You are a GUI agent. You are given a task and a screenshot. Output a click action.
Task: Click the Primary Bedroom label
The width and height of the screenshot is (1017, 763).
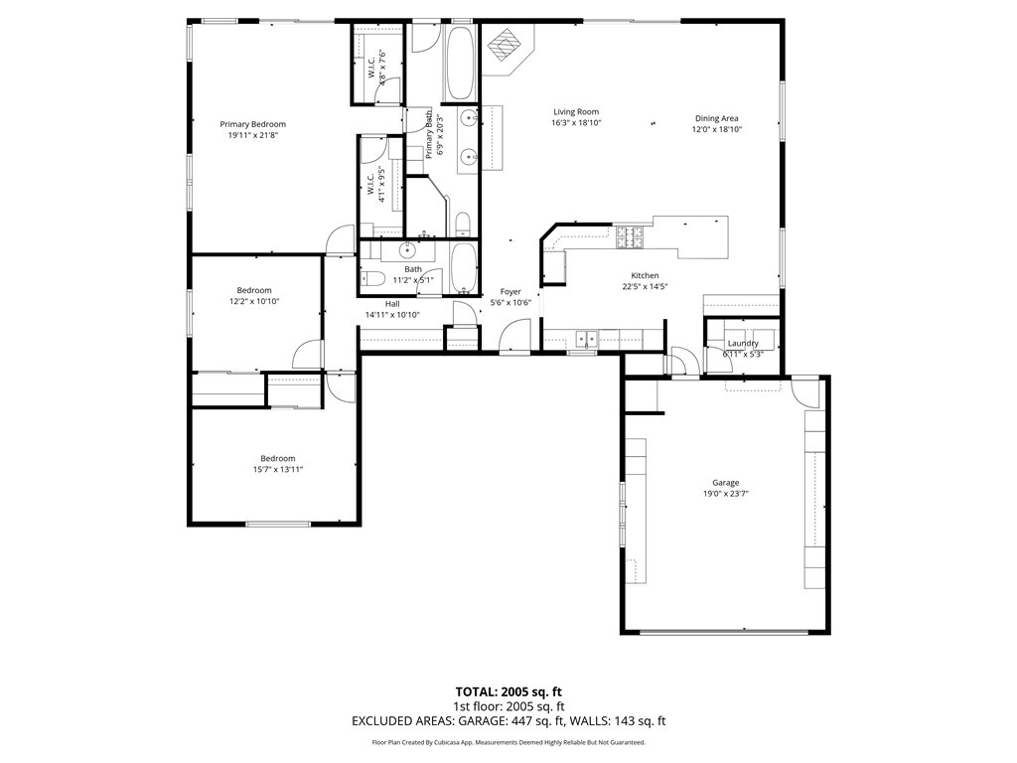click(x=252, y=124)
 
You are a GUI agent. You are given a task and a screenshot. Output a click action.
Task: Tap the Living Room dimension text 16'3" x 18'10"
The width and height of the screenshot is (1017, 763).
click(x=576, y=123)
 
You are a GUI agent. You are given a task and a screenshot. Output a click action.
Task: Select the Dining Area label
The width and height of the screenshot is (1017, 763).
click(x=716, y=118)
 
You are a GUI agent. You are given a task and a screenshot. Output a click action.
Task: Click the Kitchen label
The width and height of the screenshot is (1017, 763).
click(x=645, y=275)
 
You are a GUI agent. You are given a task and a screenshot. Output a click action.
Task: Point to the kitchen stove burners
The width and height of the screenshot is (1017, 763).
click(x=630, y=236)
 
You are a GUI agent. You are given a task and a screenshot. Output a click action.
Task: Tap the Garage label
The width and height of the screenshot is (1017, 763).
click(x=725, y=483)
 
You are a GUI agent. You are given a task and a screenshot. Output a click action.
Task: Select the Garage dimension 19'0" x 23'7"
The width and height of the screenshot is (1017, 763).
click(x=725, y=494)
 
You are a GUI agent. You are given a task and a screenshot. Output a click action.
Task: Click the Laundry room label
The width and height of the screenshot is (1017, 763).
click(x=743, y=344)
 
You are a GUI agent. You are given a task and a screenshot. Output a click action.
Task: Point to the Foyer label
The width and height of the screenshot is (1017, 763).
click(x=510, y=292)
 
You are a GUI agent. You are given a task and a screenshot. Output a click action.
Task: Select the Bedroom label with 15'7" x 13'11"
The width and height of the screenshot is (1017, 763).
click(x=277, y=458)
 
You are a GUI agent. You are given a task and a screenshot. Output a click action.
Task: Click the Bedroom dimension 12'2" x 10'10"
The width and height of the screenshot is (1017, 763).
click(x=254, y=301)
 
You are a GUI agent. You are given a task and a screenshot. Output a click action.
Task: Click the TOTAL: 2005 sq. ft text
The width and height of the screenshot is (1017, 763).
click(x=508, y=691)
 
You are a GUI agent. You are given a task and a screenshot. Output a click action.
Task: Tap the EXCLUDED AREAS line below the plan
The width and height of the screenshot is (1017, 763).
click(x=508, y=721)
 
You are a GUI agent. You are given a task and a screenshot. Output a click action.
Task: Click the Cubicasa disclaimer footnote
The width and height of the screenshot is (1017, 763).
click(x=508, y=742)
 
